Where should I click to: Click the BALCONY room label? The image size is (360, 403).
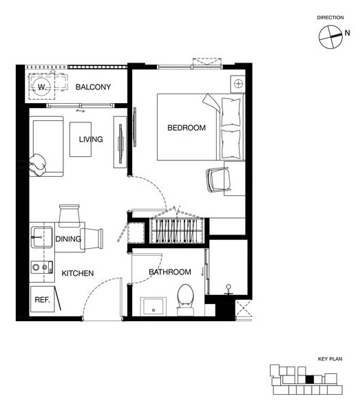93,87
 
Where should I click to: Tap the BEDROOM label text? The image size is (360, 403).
187,128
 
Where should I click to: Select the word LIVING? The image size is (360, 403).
91,140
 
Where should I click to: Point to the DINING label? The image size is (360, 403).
68,239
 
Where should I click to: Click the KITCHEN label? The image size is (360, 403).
78,273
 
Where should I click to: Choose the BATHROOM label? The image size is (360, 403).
170,272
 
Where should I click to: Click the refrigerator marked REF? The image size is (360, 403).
43,299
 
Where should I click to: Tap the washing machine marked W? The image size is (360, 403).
42,87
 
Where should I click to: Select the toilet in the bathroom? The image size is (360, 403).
185,300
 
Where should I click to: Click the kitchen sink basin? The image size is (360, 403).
42,237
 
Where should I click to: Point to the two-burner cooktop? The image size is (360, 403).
42,268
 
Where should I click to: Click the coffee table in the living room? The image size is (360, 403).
81,140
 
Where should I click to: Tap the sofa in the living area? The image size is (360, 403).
46,146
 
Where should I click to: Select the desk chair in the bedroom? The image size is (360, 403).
218,179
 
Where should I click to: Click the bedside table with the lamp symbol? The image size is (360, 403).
237,84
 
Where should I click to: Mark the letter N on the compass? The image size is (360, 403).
347,33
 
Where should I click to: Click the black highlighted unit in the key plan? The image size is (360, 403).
310,380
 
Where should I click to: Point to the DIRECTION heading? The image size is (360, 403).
330,18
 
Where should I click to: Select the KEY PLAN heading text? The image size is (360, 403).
330,359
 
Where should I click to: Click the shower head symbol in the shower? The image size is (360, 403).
229,290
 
